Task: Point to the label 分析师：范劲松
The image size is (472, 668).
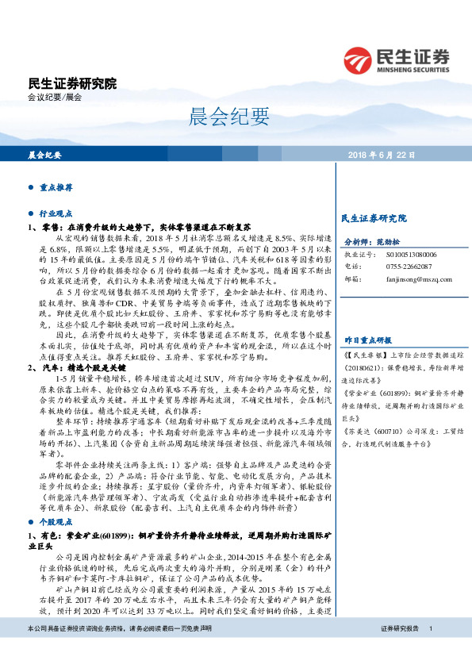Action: (371, 242)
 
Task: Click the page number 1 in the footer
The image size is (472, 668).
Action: (430, 651)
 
